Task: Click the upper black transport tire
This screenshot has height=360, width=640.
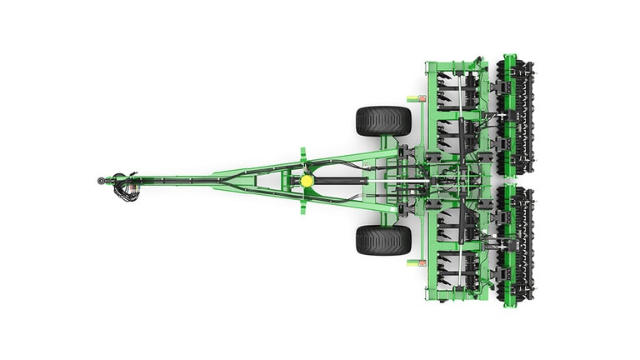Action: pos(383,121)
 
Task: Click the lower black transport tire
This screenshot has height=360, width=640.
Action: pos(383,240)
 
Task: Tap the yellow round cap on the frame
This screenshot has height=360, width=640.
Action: pos(307,179)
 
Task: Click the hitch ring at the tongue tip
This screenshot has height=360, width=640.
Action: pos(102,180)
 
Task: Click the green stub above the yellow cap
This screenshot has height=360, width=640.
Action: pos(303,156)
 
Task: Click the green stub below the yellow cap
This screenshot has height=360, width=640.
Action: pos(303,204)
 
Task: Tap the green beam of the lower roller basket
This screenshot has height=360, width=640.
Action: pos(509,244)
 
